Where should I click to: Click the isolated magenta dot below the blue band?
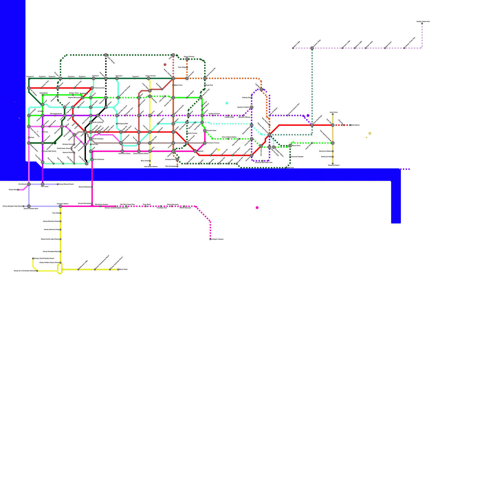point(257,208)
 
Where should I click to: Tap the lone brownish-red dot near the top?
point(165,65)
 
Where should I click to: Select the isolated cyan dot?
point(227,103)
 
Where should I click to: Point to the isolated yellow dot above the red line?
point(219,150)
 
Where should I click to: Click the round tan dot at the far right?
point(370,133)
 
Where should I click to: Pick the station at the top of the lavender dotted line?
point(422,23)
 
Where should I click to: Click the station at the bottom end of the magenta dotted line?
point(210,239)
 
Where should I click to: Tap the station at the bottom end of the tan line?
point(333,164)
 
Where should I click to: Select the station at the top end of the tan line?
point(333,114)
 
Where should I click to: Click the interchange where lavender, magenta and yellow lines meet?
point(60,206)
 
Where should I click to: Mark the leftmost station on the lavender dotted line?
point(293,48)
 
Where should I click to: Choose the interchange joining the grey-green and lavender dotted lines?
point(312,48)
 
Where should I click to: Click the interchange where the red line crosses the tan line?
point(333,125)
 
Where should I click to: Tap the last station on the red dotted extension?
point(351,125)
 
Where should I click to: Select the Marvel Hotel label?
point(123,269)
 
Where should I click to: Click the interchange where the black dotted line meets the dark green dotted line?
point(106,55)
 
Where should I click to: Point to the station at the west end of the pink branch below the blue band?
point(18,190)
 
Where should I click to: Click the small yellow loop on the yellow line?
point(60,269)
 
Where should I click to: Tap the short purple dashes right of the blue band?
point(406,169)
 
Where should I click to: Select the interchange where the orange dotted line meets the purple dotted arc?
point(261,89)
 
